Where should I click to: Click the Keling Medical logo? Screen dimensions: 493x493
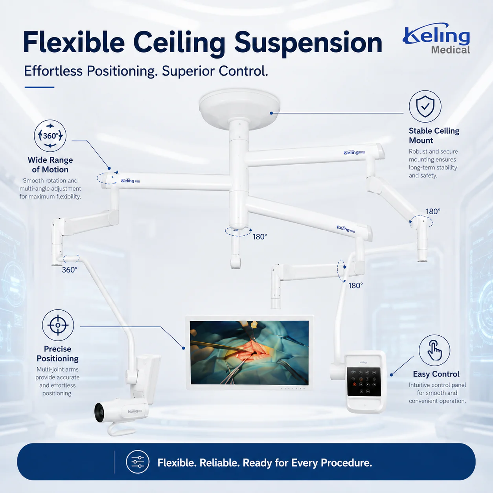coord(436,39)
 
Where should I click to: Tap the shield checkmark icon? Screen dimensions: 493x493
coord(425,107)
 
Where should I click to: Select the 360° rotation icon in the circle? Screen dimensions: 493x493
coord(50,136)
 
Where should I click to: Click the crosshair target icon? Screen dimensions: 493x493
coord(58,325)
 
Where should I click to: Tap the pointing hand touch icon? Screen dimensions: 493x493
coord(434,350)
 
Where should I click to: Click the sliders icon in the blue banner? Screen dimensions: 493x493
coord(138,462)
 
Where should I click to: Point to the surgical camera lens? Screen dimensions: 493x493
coord(99,412)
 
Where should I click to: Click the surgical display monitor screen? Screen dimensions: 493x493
coord(249,353)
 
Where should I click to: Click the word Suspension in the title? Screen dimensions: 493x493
coord(308,43)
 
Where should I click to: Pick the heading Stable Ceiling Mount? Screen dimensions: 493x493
coord(434,136)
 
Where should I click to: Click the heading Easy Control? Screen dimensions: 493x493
coord(436,374)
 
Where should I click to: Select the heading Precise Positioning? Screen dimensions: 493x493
coord(57,353)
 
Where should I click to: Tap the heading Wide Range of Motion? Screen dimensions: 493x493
coord(50,165)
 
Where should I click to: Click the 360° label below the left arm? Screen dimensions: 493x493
coord(70,270)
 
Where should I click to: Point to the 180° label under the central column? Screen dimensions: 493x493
coord(260,237)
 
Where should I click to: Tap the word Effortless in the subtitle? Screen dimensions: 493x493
coord(53,71)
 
